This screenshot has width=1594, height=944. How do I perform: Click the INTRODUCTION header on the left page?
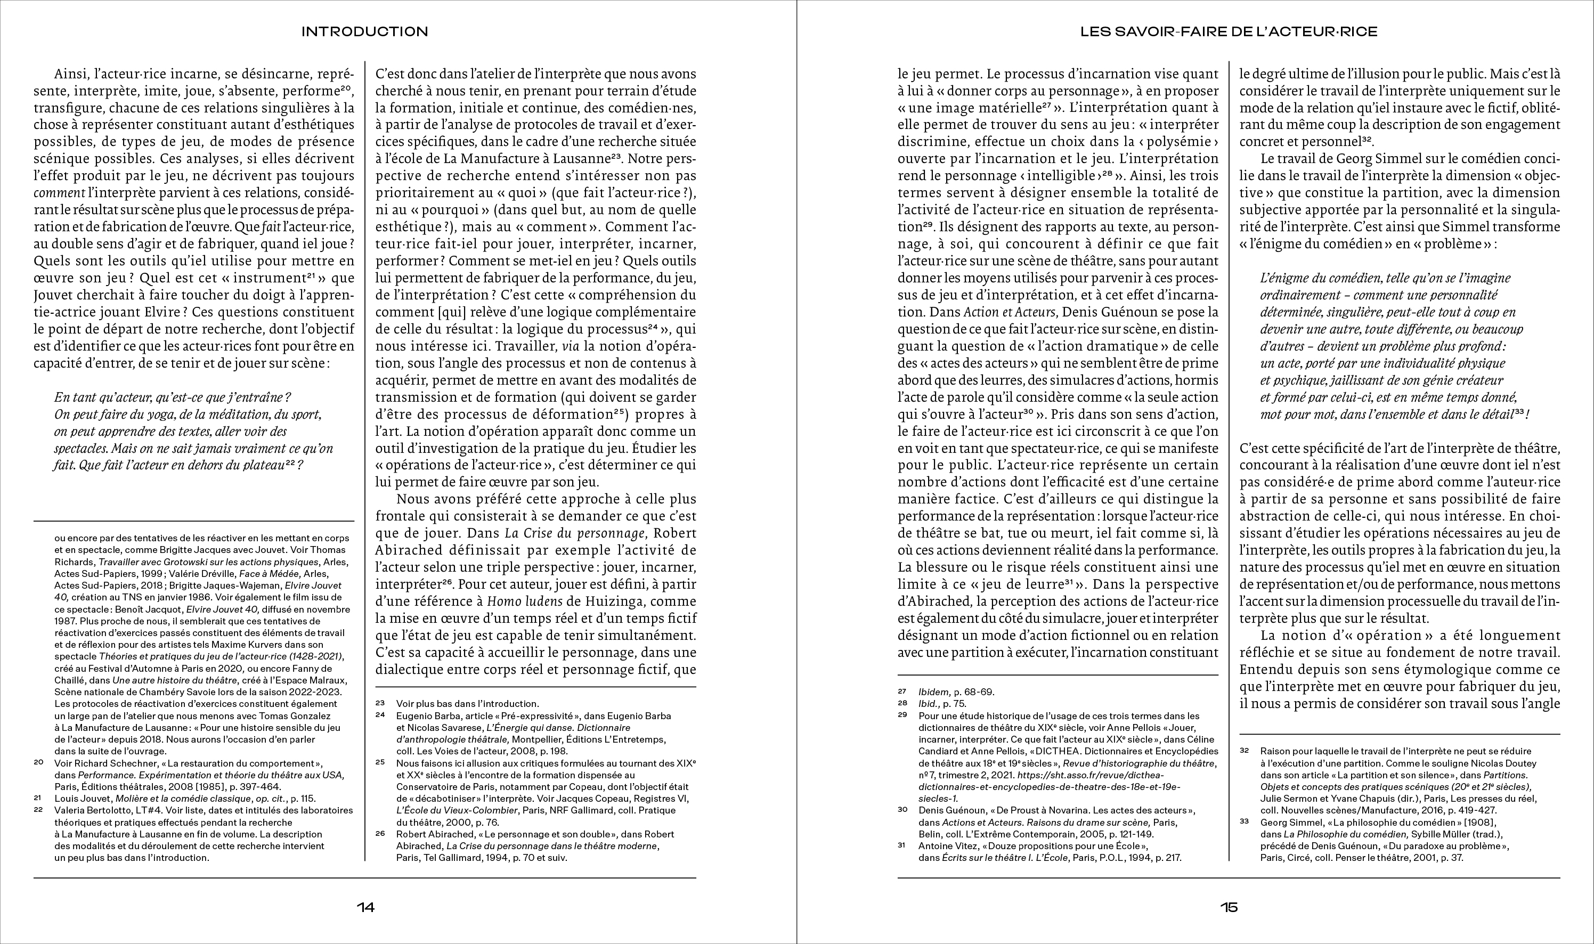364,31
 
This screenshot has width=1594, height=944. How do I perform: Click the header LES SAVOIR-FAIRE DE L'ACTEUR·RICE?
1228,31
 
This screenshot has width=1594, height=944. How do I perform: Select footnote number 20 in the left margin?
38,762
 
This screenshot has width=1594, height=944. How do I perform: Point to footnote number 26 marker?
380,833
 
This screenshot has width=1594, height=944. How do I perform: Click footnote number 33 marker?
1244,821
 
